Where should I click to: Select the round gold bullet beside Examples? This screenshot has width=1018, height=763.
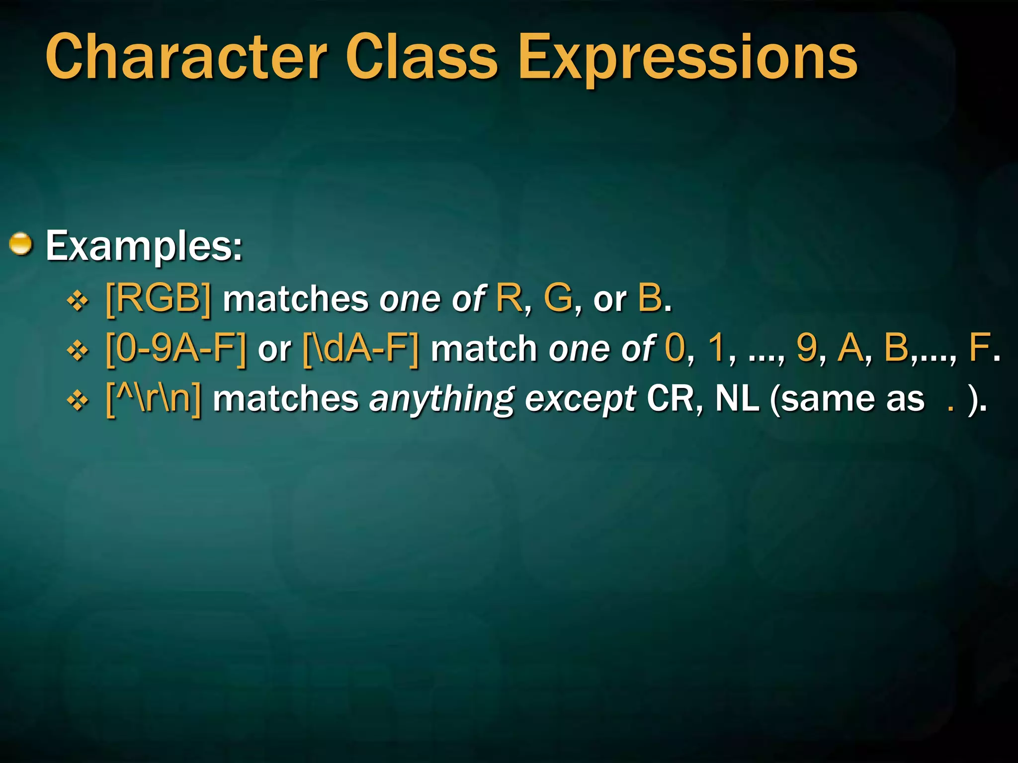pyautogui.click(x=21, y=244)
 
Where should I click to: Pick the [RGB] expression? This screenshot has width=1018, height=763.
pyautogui.click(x=159, y=299)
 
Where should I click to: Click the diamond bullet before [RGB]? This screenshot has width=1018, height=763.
pyautogui.click(x=78, y=301)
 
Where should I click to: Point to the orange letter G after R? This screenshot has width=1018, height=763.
pyautogui.click(x=558, y=299)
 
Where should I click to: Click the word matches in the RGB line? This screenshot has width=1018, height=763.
pyautogui.click(x=295, y=300)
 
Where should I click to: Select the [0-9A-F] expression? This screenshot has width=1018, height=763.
pyautogui.click(x=176, y=348)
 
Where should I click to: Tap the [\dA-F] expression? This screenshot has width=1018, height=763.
pyautogui.click(x=361, y=348)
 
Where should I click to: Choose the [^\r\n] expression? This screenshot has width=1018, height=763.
pyautogui.click(x=154, y=399)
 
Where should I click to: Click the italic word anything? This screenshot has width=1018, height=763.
pyautogui.click(x=442, y=400)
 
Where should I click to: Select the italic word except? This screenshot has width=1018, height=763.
pyautogui.click(x=580, y=400)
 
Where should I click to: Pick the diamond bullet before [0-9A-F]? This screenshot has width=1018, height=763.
pyautogui.click(x=78, y=351)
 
